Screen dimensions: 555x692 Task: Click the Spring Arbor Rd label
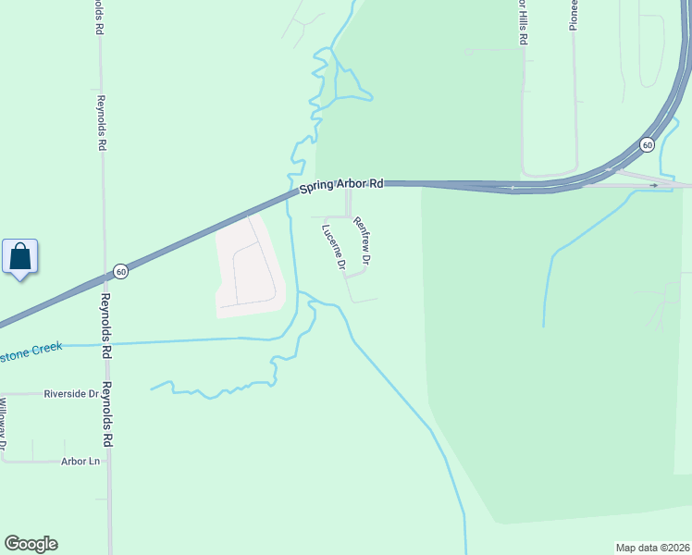click(x=340, y=186)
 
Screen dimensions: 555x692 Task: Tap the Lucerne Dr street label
click(x=333, y=247)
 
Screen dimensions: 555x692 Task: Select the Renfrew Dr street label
click(x=362, y=241)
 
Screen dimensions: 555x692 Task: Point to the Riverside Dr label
click(x=71, y=393)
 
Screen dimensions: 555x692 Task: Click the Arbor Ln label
click(x=80, y=461)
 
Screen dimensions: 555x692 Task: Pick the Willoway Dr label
click(x=4, y=426)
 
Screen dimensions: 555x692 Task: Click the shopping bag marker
click(x=20, y=256)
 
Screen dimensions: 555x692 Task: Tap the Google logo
click(x=31, y=544)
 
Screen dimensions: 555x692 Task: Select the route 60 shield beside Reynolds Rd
click(x=120, y=271)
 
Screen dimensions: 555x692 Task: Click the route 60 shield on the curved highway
click(x=647, y=144)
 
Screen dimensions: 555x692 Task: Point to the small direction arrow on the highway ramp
click(x=654, y=185)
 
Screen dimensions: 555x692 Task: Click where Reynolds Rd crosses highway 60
click(x=104, y=277)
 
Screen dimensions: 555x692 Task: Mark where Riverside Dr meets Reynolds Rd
click(x=106, y=393)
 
